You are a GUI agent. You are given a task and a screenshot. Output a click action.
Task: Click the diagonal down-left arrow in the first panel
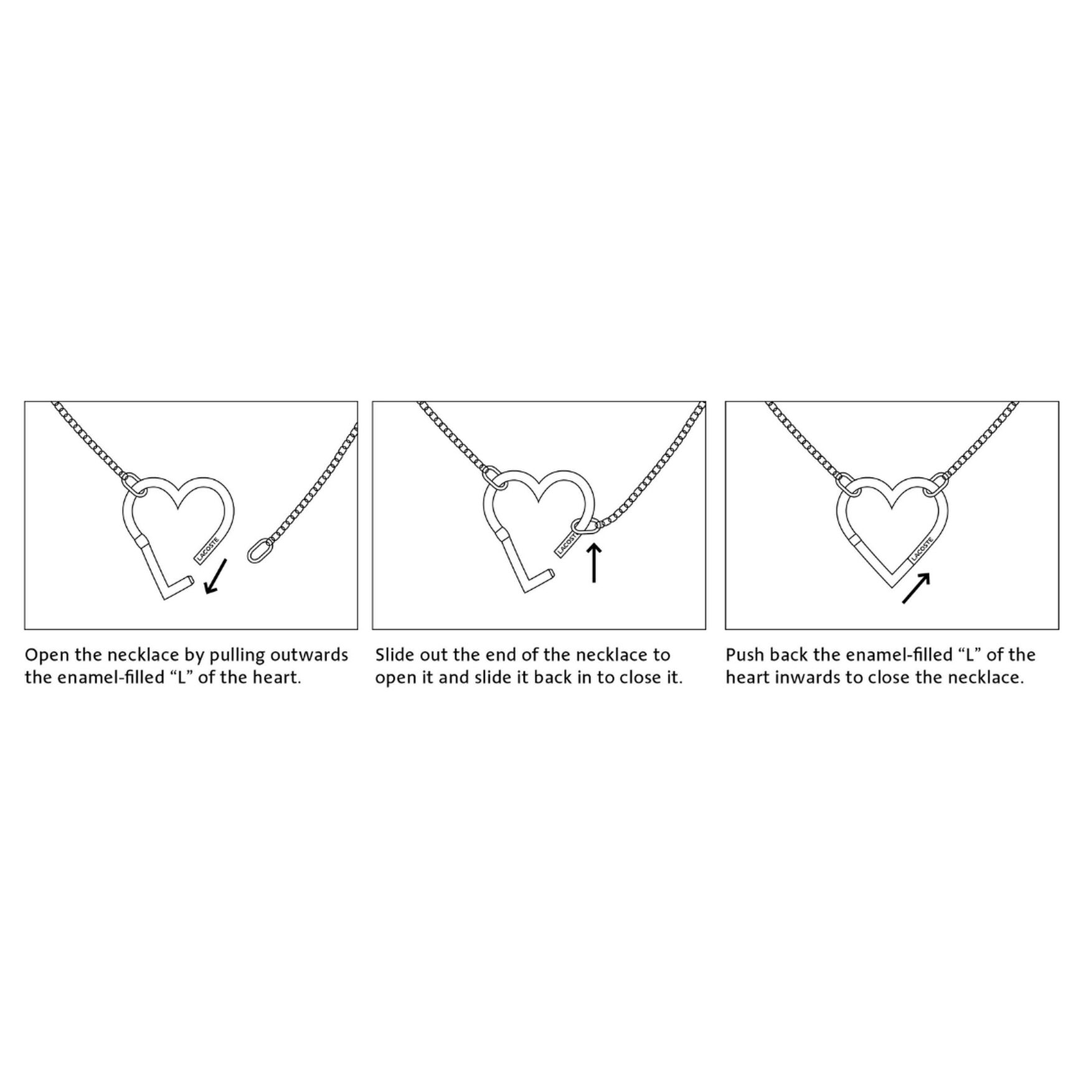click(x=215, y=576)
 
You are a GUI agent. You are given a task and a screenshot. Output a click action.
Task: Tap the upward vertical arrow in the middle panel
click(x=594, y=563)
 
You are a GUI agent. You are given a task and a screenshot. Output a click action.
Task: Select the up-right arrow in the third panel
click(x=916, y=588)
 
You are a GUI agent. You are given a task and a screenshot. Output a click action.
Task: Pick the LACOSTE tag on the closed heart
click(x=922, y=549)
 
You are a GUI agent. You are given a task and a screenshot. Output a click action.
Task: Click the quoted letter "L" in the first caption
click(x=179, y=677)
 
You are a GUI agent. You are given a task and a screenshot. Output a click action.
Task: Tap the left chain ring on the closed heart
click(x=849, y=484)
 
